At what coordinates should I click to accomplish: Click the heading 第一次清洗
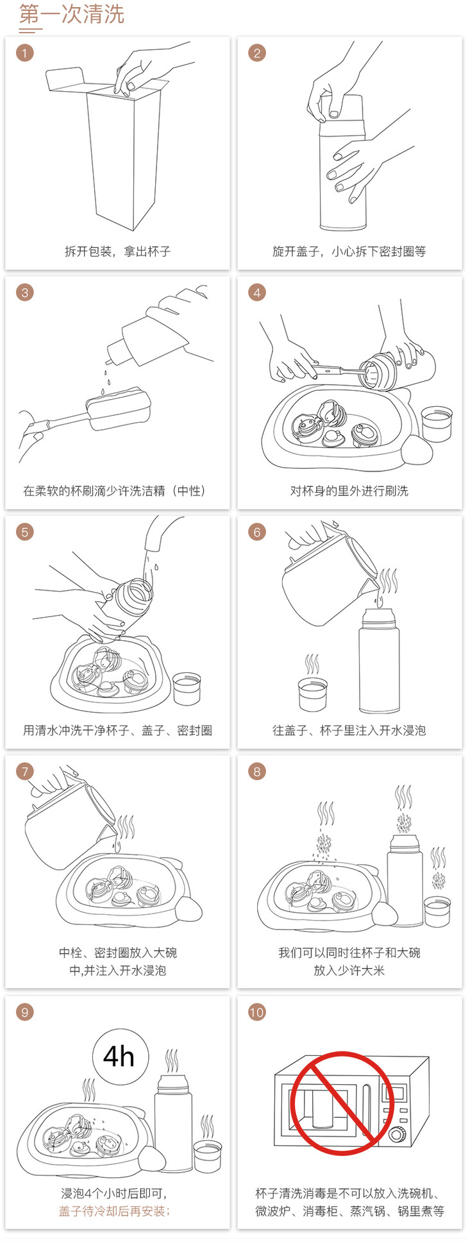point(71,14)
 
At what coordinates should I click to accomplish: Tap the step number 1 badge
point(25,53)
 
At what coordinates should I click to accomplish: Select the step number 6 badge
point(257,532)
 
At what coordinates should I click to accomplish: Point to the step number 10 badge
point(257,1012)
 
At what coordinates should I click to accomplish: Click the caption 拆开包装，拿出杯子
point(117,251)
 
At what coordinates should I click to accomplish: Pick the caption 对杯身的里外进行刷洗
point(349,491)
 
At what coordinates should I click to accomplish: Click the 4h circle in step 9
point(121,1056)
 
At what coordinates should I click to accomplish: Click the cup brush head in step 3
point(119,408)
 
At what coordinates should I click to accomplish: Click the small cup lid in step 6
point(313,693)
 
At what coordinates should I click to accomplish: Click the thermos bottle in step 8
point(405,879)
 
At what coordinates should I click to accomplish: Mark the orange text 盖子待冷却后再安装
point(115,1211)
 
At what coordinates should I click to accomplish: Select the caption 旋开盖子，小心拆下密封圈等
point(349,251)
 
